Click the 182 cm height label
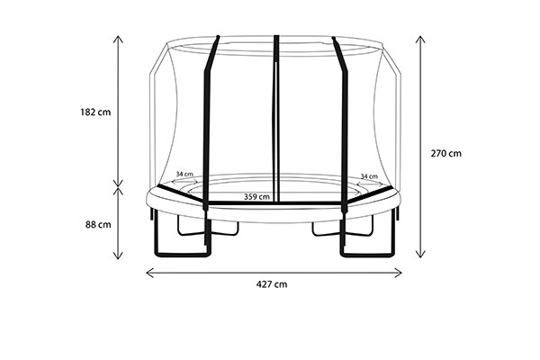(95, 112)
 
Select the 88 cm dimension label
(98, 225)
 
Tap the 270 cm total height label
(446, 153)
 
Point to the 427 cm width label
(272, 284)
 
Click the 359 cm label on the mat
(256, 197)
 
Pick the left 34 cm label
(184, 174)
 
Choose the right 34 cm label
(369, 176)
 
